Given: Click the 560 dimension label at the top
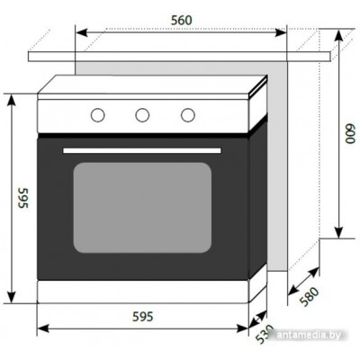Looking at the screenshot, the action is [x=181, y=21].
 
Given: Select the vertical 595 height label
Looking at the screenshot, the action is [x=22, y=198].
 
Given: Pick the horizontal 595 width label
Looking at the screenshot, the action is [x=143, y=317].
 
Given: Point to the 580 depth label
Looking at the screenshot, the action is [x=309, y=297].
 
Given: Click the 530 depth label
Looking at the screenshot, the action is [x=265, y=334].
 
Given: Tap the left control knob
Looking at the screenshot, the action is [x=97, y=115].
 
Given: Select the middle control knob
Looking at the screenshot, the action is [x=142, y=115].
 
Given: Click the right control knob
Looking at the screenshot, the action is [x=188, y=115].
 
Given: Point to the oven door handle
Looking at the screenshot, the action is [x=142, y=150].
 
